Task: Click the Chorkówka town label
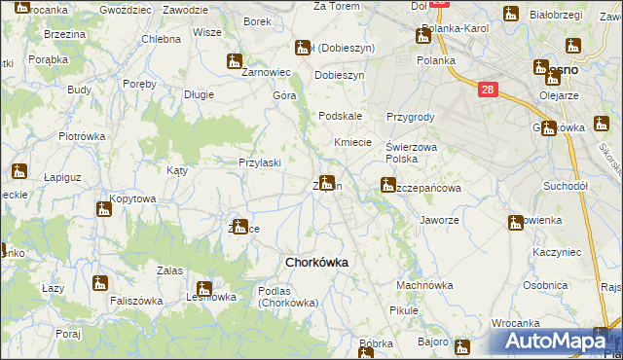[315, 262]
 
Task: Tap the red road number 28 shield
[489, 90]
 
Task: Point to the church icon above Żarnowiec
[235, 60]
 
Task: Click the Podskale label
[341, 116]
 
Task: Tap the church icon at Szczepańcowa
[388, 183]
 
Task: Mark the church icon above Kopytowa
[104, 209]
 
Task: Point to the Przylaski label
[260, 163]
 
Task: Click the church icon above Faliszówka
[97, 283]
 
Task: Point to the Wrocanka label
[515, 323]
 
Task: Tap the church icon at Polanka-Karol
[422, 36]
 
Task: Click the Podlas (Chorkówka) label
[288, 297]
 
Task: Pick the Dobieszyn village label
[339, 75]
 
